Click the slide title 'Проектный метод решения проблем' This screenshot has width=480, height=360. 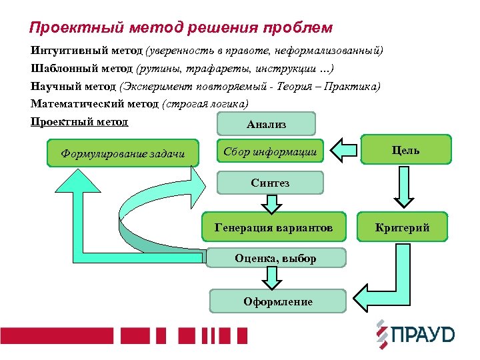click(x=181, y=28)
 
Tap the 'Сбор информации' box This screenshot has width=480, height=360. click(x=270, y=151)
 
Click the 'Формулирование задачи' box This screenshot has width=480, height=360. click(x=123, y=153)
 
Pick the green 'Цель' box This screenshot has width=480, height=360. click(x=405, y=150)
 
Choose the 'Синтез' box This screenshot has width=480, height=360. click(x=270, y=183)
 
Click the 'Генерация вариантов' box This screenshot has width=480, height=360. click(x=273, y=228)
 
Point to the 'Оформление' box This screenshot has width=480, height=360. click(x=277, y=301)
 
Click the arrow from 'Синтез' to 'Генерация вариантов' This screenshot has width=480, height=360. click(x=271, y=203)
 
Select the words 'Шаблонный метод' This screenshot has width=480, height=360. click(x=82, y=69)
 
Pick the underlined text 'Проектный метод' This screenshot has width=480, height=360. click(x=79, y=122)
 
